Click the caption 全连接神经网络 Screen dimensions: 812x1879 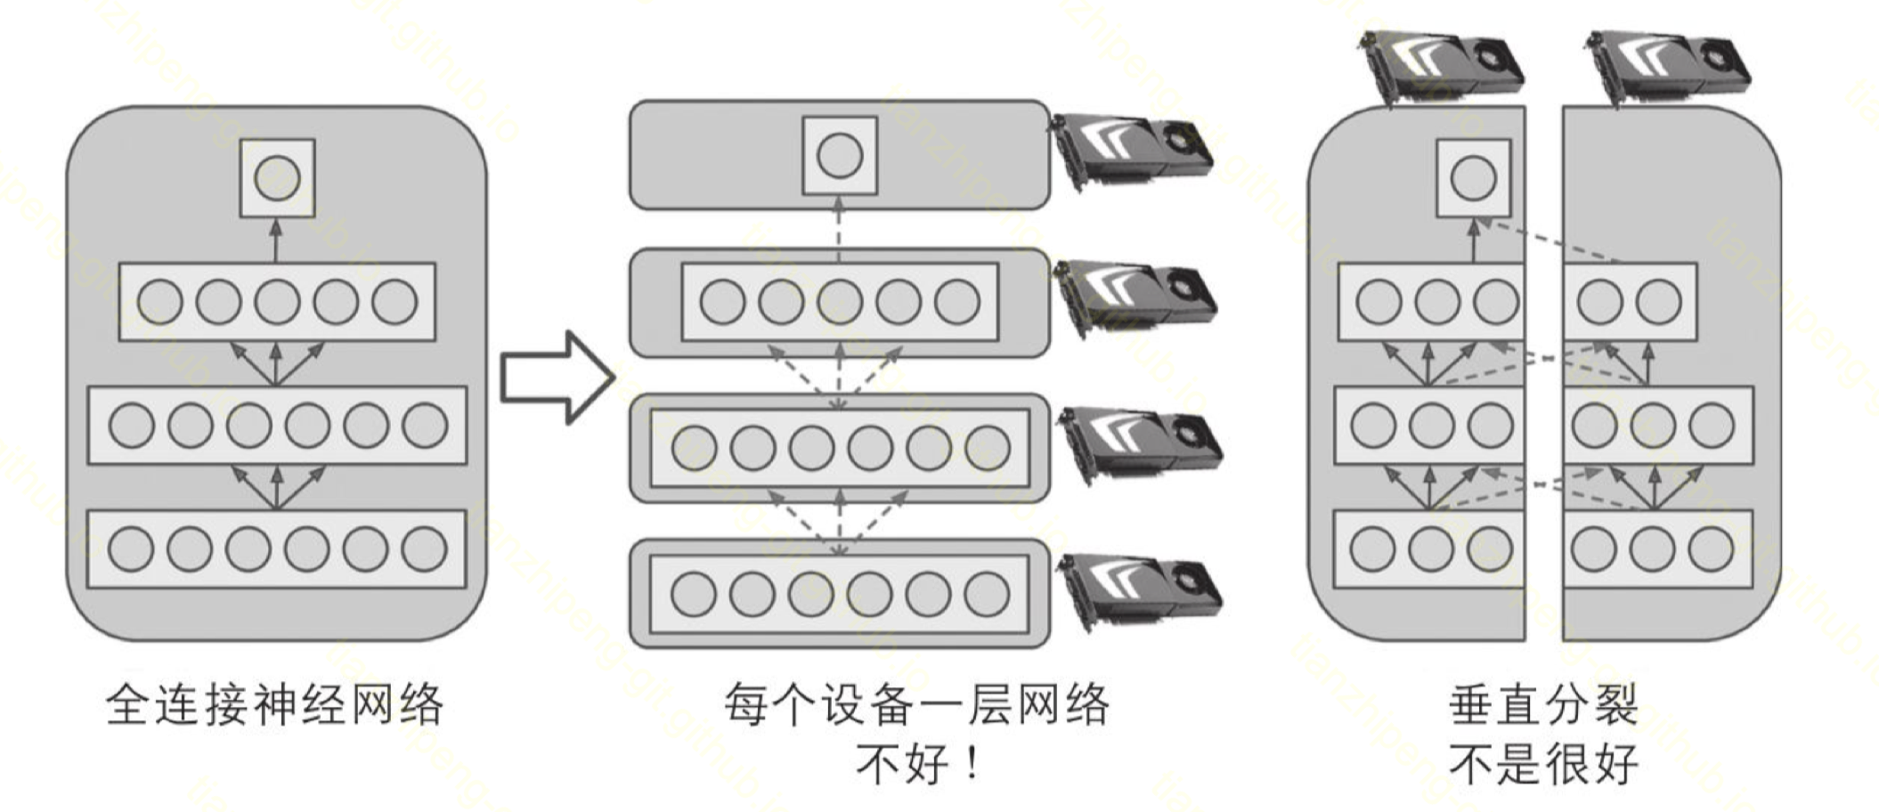point(274,705)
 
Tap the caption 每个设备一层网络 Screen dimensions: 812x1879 point(916,705)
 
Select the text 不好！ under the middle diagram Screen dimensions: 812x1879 point(918,764)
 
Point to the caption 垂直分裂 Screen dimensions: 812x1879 point(1543,705)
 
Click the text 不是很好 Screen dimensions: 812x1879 point(1543,764)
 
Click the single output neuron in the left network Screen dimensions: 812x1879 point(277,178)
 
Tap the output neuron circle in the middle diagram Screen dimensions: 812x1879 point(840,156)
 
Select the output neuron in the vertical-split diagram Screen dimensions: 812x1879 point(1473,178)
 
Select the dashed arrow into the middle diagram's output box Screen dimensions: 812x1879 point(839,229)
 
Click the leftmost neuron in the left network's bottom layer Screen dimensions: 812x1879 point(131,548)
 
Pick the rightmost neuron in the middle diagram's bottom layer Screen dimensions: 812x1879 point(987,594)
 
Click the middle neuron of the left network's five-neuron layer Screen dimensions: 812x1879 point(277,301)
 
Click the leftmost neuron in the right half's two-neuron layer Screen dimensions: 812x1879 point(1599,301)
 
